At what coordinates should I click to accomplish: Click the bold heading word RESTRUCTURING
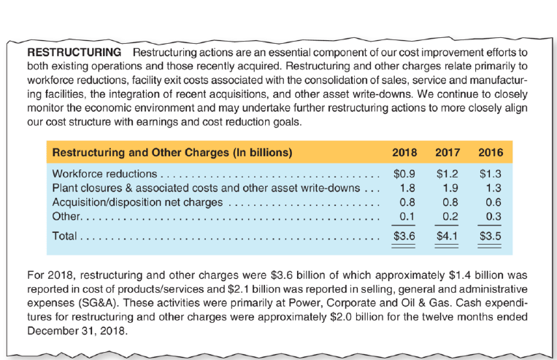[x=74, y=53]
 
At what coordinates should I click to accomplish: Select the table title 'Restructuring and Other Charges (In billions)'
[x=172, y=153]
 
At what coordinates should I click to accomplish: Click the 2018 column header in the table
[x=404, y=153]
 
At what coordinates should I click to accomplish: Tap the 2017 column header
[x=447, y=153]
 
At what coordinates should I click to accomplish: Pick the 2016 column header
[x=490, y=153]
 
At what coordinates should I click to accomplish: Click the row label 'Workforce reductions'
[x=104, y=175]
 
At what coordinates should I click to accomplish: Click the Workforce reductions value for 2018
[x=404, y=175]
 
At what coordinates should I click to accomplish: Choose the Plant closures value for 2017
[x=450, y=189]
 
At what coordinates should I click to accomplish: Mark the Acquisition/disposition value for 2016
[x=493, y=203]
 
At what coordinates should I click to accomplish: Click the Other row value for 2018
[x=407, y=217]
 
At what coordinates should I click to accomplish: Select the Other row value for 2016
[x=493, y=217]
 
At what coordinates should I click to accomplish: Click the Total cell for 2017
[x=447, y=237]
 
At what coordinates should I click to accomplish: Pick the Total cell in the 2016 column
[x=490, y=237]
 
